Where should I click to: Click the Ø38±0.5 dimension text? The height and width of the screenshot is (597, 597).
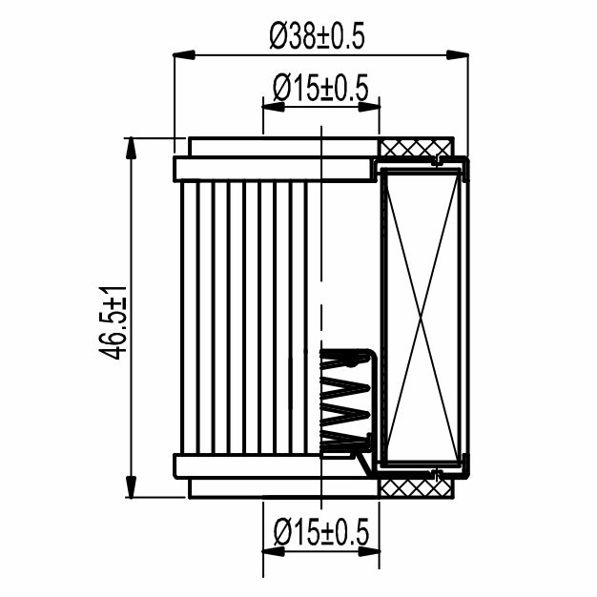[x=318, y=36]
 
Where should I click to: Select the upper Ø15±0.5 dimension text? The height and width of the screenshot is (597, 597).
[x=321, y=88]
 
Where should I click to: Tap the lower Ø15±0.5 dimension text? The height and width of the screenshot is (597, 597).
[x=321, y=531]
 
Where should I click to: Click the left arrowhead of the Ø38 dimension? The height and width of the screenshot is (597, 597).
[x=184, y=55]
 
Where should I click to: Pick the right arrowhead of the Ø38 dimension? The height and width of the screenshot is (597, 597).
[x=457, y=55]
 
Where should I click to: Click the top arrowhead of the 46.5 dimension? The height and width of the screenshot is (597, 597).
[x=131, y=148]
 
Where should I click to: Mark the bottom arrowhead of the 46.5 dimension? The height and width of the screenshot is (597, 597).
[x=131, y=486]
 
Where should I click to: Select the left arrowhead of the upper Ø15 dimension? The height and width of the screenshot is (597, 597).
[x=274, y=108]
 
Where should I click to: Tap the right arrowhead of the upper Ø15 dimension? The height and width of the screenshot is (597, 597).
[x=369, y=108]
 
